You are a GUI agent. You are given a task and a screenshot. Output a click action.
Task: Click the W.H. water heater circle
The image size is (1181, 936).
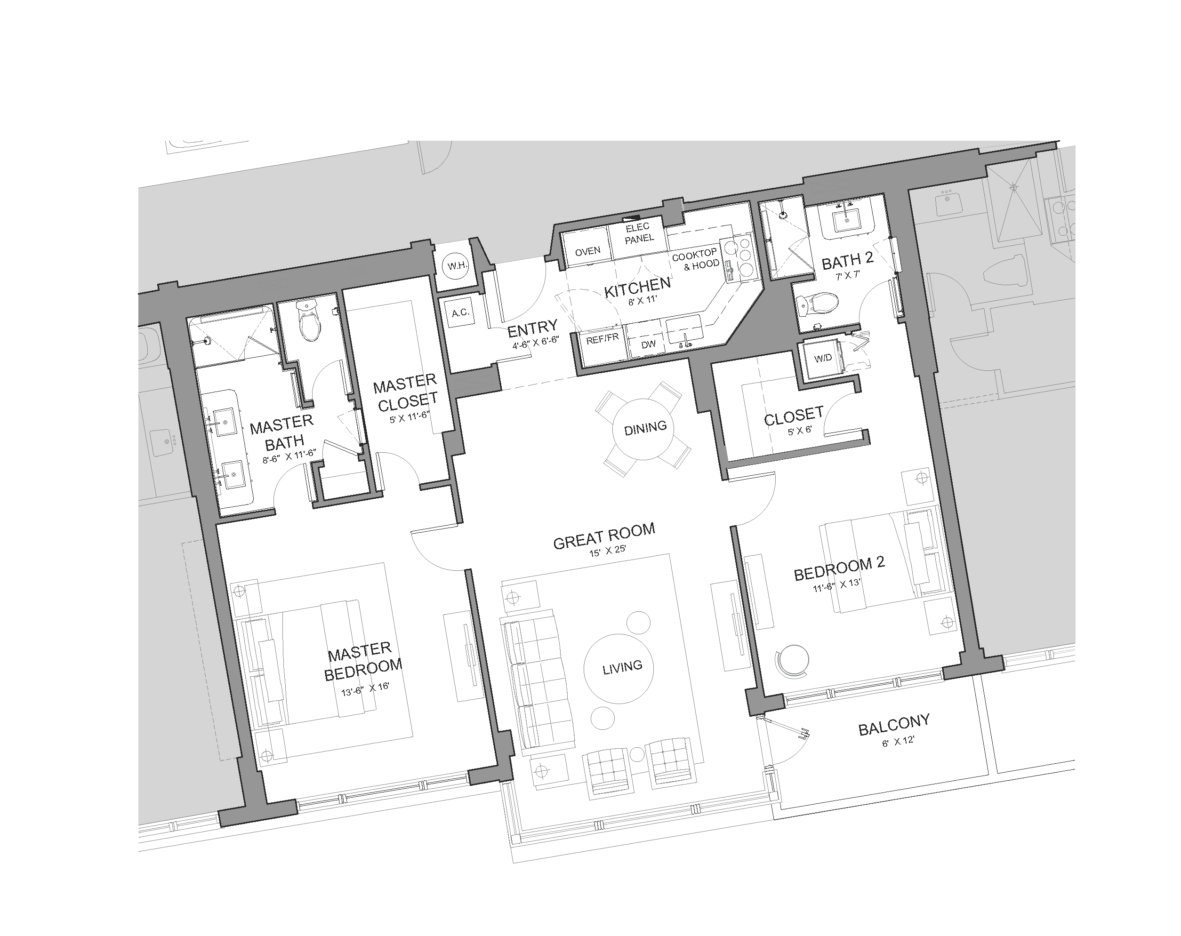tap(457, 266)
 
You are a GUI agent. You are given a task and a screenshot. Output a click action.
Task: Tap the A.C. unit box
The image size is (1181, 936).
tap(459, 313)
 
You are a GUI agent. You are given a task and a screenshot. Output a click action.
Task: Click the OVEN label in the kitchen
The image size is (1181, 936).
tap(587, 251)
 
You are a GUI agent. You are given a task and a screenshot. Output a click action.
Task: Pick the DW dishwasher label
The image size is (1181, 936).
tap(649, 344)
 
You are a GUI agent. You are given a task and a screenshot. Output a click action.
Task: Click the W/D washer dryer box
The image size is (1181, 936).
tap(823, 358)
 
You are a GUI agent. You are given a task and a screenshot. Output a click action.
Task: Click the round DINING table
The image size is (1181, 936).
tap(645, 427)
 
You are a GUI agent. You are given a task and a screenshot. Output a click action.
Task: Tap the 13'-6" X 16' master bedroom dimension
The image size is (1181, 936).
tap(365, 688)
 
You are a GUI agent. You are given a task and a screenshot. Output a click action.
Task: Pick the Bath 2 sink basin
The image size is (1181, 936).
tap(847, 221)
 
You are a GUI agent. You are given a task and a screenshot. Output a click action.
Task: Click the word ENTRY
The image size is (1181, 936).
tap(532, 328)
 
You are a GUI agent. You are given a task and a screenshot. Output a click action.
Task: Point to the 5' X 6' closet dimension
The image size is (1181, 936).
tap(799, 431)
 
